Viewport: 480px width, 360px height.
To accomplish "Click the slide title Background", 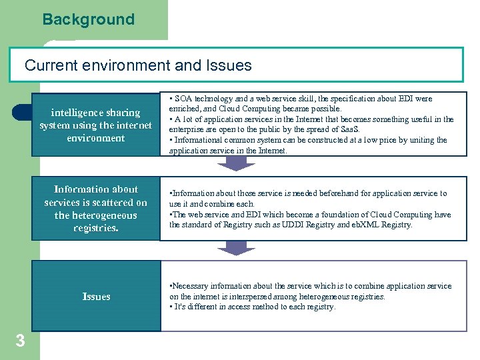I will (x=89, y=19).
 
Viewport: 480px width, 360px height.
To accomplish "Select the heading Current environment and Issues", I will (x=138, y=65).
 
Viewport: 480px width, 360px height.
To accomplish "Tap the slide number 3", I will (x=20, y=341).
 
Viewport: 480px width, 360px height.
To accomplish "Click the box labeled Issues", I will (x=96, y=297).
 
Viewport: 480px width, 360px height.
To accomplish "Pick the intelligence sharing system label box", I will (x=96, y=125).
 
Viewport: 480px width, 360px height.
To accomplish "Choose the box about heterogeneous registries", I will (x=96, y=209).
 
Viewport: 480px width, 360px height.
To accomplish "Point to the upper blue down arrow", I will (x=237, y=163).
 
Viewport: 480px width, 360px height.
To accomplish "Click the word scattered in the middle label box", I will (x=113, y=202).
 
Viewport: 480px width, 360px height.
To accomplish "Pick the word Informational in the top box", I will (x=198, y=140).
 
